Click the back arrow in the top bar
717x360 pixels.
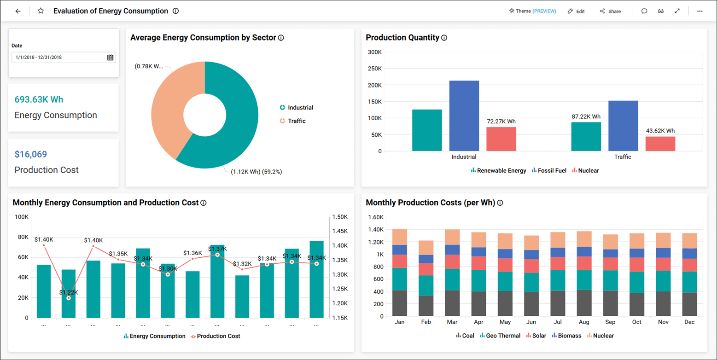(x=18, y=11)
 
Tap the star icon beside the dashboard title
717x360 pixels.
(x=41, y=11)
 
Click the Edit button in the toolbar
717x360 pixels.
(x=576, y=11)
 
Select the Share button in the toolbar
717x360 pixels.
(x=610, y=11)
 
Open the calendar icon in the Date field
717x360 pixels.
(x=110, y=58)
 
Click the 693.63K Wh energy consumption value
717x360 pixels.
(x=39, y=99)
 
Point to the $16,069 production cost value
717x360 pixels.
(x=31, y=154)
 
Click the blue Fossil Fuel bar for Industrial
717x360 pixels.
(x=464, y=116)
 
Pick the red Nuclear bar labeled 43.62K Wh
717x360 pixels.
(x=660, y=144)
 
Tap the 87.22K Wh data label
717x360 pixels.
(x=586, y=117)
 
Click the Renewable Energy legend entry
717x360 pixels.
(x=498, y=170)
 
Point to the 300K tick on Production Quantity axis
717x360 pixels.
(x=374, y=52)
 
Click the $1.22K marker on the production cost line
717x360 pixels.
(x=69, y=298)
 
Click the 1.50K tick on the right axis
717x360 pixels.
(x=340, y=217)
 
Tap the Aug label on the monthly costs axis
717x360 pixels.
(x=583, y=322)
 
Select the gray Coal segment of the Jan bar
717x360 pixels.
(x=399, y=303)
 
